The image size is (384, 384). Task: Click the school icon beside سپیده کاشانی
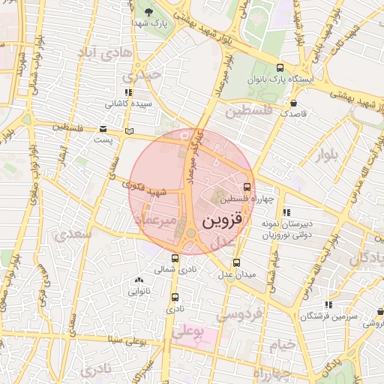[x=128, y=92]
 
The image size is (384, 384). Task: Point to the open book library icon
[x=129, y=131]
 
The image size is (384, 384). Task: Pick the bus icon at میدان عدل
[x=236, y=262]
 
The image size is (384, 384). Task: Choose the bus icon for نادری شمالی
[x=175, y=259]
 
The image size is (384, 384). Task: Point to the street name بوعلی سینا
[x=126, y=340]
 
